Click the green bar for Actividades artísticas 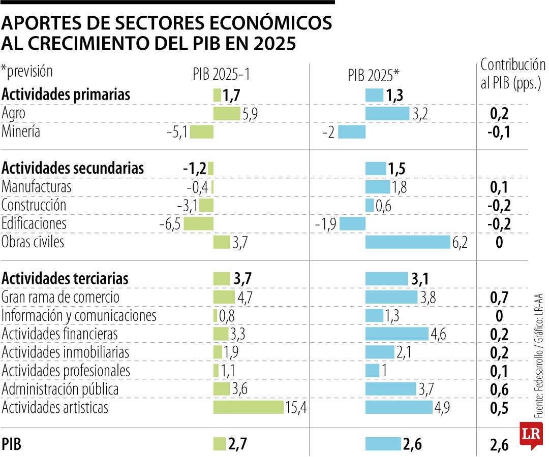(x=248, y=407)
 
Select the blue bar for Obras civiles (x=408, y=242)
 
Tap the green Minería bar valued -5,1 (x=202, y=132)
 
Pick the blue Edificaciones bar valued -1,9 (x=352, y=224)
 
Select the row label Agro (x=14, y=113)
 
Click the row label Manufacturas (x=37, y=187)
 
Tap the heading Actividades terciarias (x=65, y=279)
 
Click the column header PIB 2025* (x=374, y=75)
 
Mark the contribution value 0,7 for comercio (x=499, y=298)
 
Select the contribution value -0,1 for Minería (x=499, y=132)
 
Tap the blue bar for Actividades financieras (x=396, y=334)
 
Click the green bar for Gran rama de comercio (x=224, y=297)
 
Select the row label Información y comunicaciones (x=79, y=316)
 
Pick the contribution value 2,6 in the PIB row (x=499, y=445)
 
